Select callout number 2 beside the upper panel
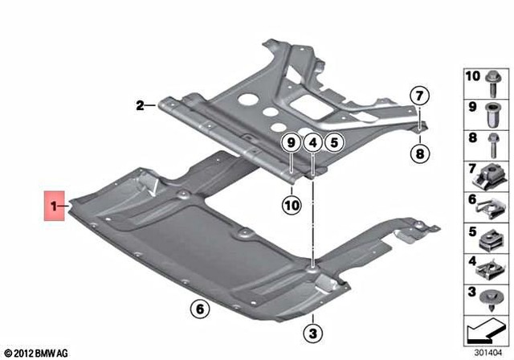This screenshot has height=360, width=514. click(139, 104)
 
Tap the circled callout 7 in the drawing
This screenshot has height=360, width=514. click(418, 96)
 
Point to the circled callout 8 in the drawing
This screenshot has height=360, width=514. click(418, 153)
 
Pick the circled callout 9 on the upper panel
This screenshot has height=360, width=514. click(290, 142)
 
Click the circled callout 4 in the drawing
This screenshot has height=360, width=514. click(312, 142)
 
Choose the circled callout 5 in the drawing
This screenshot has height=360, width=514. click(333, 142)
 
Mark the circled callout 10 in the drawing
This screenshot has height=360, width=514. click(290, 205)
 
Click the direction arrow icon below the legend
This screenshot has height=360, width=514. click(486, 329)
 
